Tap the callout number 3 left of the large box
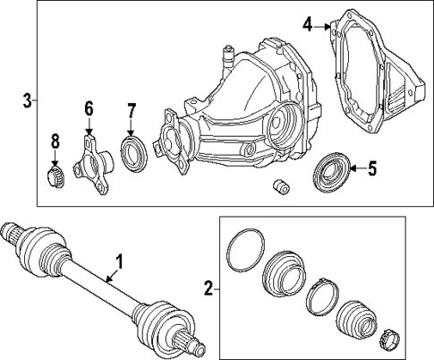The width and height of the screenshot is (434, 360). [x=27, y=99]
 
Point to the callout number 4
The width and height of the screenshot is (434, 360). [x=307, y=25]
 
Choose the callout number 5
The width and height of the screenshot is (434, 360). [x=373, y=167]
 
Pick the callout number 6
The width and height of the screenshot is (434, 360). [x=88, y=109]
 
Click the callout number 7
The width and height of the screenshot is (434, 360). [x=131, y=111]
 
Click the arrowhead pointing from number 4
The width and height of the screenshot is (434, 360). [x=333, y=26]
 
